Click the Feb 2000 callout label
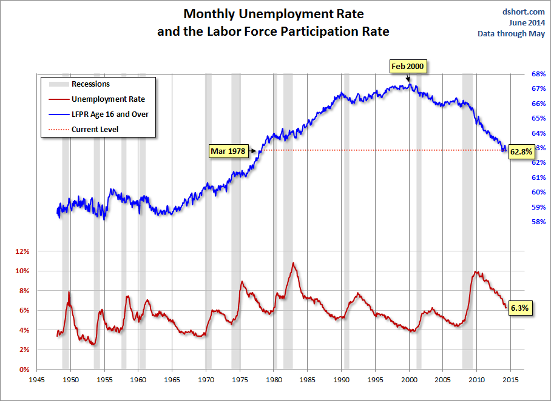(408, 66)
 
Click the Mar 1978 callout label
(228, 150)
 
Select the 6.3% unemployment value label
(519, 308)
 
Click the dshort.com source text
(524, 12)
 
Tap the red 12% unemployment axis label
(21, 251)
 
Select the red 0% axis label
(24, 370)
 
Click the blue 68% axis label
(538, 74)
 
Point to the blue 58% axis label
(538, 222)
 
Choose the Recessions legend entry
(90, 84)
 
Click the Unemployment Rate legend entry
(108, 99)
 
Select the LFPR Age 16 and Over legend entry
(110, 114)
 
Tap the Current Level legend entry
(95, 129)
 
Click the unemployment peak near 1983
(294, 263)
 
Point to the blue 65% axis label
(538, 118)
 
